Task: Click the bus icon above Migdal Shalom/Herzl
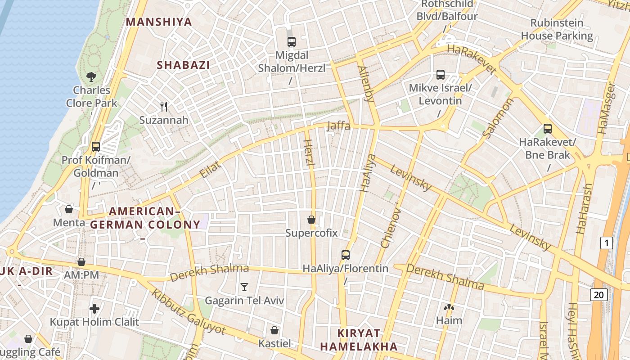(292, 42)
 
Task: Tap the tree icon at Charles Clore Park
(91, 77)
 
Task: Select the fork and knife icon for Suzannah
(164, 107)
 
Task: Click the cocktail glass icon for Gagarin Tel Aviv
(244, 287)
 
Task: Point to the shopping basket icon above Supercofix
(311, 220)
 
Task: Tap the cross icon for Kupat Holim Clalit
(94, 309)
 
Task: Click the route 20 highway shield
(598, 295)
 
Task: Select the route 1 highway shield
(607, 243)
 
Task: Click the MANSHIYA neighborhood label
(159, 22)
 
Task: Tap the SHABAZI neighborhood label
(183, 65)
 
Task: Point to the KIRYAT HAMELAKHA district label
(359, 340)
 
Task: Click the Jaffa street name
(338, 126)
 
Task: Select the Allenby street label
(366, 84)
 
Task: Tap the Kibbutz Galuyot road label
(188, 311)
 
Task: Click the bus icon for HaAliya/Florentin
(346, 255)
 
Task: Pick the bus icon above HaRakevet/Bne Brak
(548, 129)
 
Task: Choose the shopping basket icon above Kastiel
(274, 330)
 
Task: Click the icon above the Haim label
(449, 307)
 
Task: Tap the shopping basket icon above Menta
(69, 209)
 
